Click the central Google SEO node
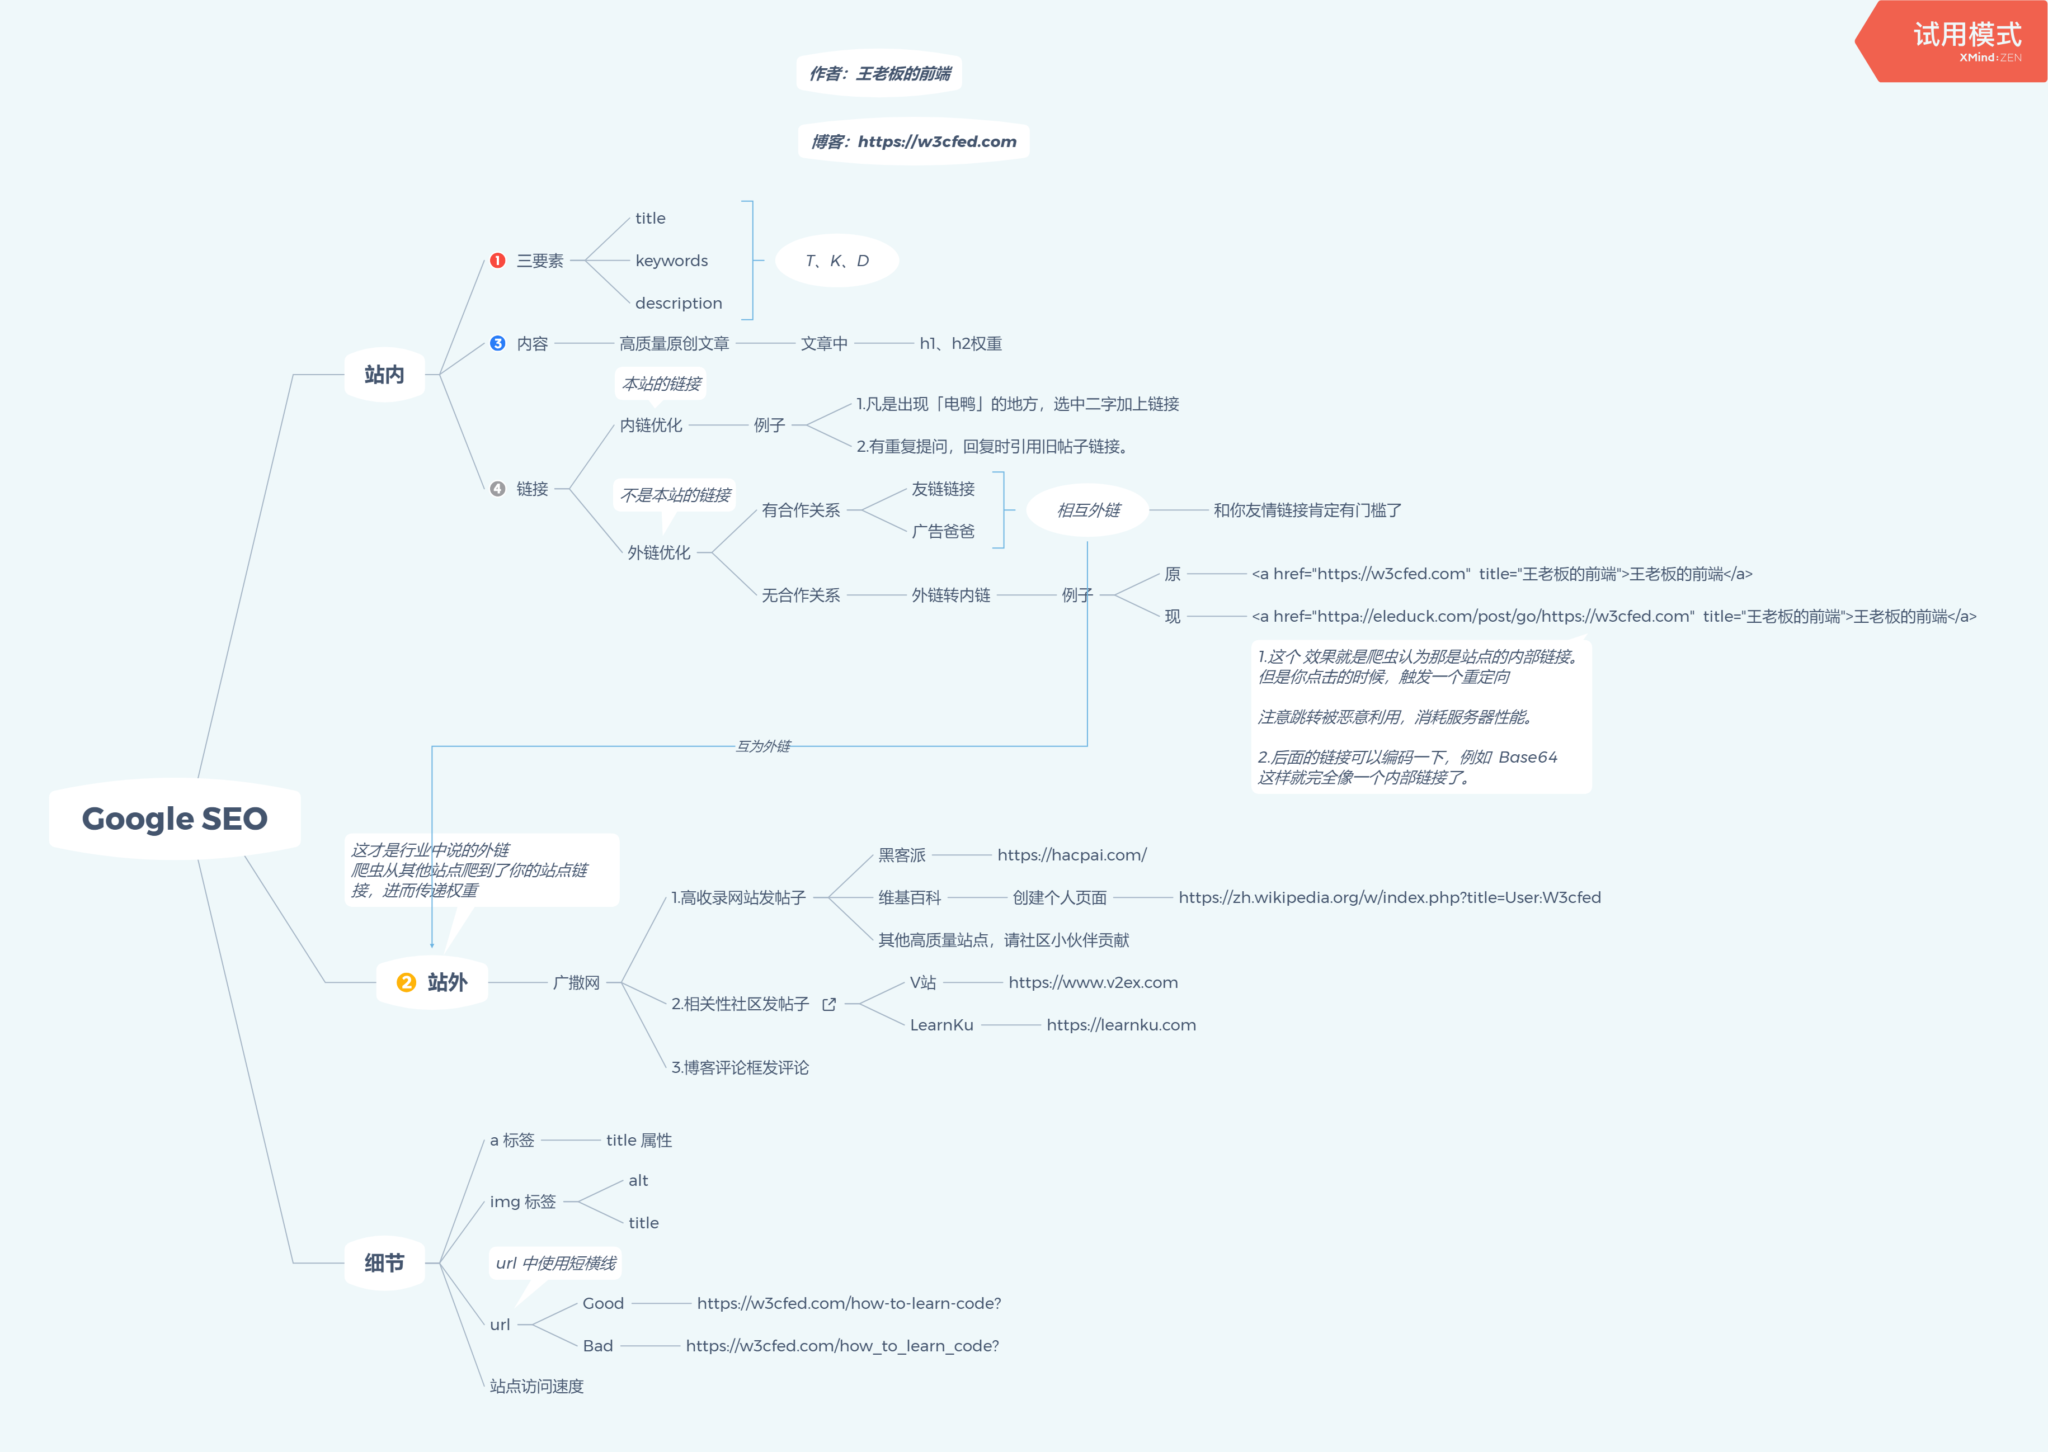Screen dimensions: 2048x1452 175,819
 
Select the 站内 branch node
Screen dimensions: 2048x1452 384,375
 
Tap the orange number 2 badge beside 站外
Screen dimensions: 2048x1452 406,982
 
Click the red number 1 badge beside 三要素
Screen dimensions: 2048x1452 498,260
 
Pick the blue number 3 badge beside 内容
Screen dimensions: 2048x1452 498,343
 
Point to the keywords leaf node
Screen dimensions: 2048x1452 672,260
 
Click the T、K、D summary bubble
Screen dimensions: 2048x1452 837,260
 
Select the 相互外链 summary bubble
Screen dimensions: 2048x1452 1089,510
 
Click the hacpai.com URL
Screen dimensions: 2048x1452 1072,855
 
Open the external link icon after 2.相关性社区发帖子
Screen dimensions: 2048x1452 829,1004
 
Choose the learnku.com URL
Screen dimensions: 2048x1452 1122,1025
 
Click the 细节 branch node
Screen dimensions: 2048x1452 384,1264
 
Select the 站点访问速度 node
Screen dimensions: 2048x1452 536,1386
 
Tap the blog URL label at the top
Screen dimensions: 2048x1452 914,141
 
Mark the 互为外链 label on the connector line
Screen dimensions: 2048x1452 763,746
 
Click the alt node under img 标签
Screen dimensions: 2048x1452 638,1180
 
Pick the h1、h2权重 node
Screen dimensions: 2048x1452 961,343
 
